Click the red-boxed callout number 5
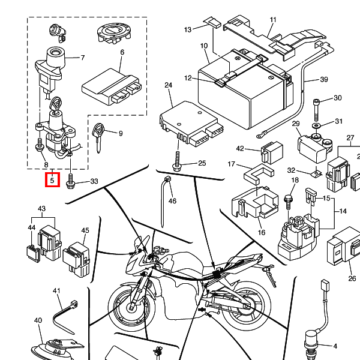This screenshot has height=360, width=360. [52, 180]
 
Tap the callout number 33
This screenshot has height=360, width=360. [94, 181]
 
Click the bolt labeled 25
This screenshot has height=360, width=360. [177, 161]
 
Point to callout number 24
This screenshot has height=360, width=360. [168, 85]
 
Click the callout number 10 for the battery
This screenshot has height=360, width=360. [204, 46]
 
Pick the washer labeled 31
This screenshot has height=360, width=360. [316, 126]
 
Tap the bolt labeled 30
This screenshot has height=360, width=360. [316, 110]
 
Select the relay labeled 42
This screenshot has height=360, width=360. [272, 152]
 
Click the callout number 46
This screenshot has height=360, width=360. [172, 201]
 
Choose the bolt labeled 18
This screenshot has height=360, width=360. [289, 202]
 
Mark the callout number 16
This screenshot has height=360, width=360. [261, 232]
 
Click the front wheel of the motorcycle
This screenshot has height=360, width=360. [131, 307]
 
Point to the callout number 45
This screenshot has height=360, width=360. [85, 230]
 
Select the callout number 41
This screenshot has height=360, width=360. [56, 290]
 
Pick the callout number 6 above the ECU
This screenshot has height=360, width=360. [122, 52]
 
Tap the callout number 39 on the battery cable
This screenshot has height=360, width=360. [324, 79]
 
